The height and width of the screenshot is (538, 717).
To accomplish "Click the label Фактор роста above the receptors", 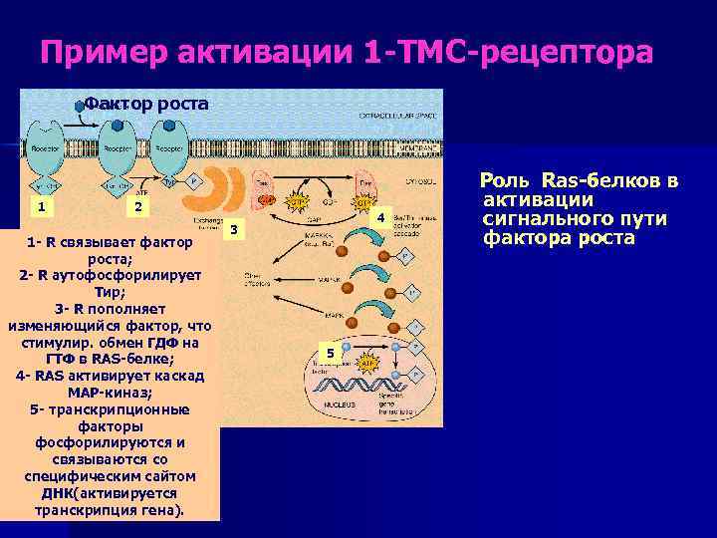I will (x=146, y=103).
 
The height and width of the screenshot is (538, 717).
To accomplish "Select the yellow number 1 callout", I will (x=41, y=206).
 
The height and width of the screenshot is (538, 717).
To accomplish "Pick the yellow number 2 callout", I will (x=139, y=206).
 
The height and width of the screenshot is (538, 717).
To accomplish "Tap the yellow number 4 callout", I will (x=379, y=217).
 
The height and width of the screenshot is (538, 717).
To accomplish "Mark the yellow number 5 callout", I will (x=333, y=353).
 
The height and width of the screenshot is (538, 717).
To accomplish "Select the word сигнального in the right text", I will (x=553, y=219).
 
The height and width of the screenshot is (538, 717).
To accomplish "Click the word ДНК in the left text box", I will (x=56, y=493).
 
